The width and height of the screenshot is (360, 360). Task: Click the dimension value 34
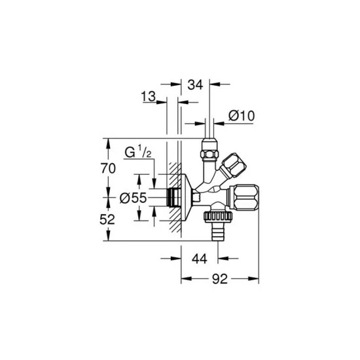[x=196, y=84]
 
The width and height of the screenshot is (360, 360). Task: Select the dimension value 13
[x=149, y=96]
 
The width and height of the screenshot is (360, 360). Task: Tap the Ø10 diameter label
[x=242, y=116]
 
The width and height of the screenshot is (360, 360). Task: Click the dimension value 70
[x=108, y=169]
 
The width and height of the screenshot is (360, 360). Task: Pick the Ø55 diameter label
[x=133, y=198]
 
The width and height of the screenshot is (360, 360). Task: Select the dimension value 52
[x=107, y=220]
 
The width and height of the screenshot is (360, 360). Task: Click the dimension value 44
[x=200, y=259]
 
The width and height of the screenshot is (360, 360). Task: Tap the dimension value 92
[x=220, y=279]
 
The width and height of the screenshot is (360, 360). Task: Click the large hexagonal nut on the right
[x=243, y=198]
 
